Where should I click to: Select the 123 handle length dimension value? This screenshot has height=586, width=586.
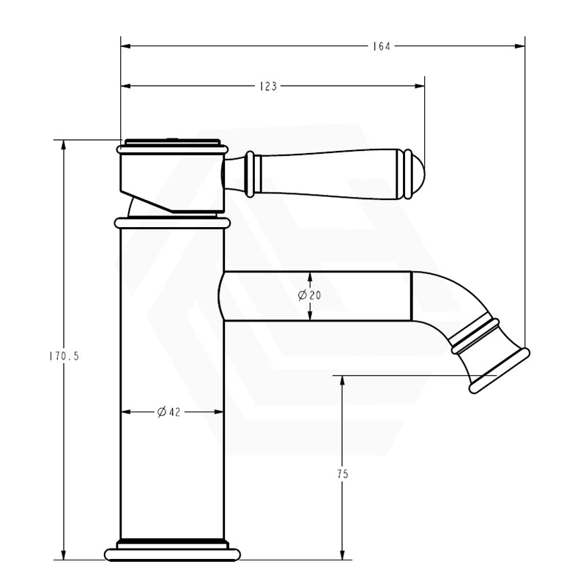pos(268,86)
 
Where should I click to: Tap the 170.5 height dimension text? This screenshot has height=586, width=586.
pos(65,357)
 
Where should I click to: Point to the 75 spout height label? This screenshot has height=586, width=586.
pos(342,474)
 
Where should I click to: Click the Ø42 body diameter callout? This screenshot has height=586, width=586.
pos(168,412)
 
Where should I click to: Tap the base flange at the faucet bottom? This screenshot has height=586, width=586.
pos(172,553)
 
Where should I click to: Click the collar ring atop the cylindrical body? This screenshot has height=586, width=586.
pos(172,222)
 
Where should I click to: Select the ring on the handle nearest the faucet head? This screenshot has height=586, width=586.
pos(251,174)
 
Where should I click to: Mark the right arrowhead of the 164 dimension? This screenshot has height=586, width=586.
pos(521,46)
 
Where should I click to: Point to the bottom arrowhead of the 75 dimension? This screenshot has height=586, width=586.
pos(342,555)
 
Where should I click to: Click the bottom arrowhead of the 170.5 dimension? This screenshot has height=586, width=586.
pos(65,555)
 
